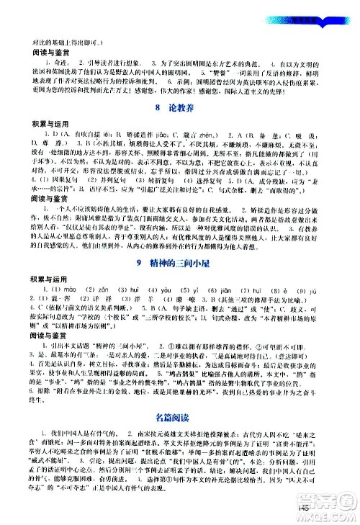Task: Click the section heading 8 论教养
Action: (179, 109)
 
